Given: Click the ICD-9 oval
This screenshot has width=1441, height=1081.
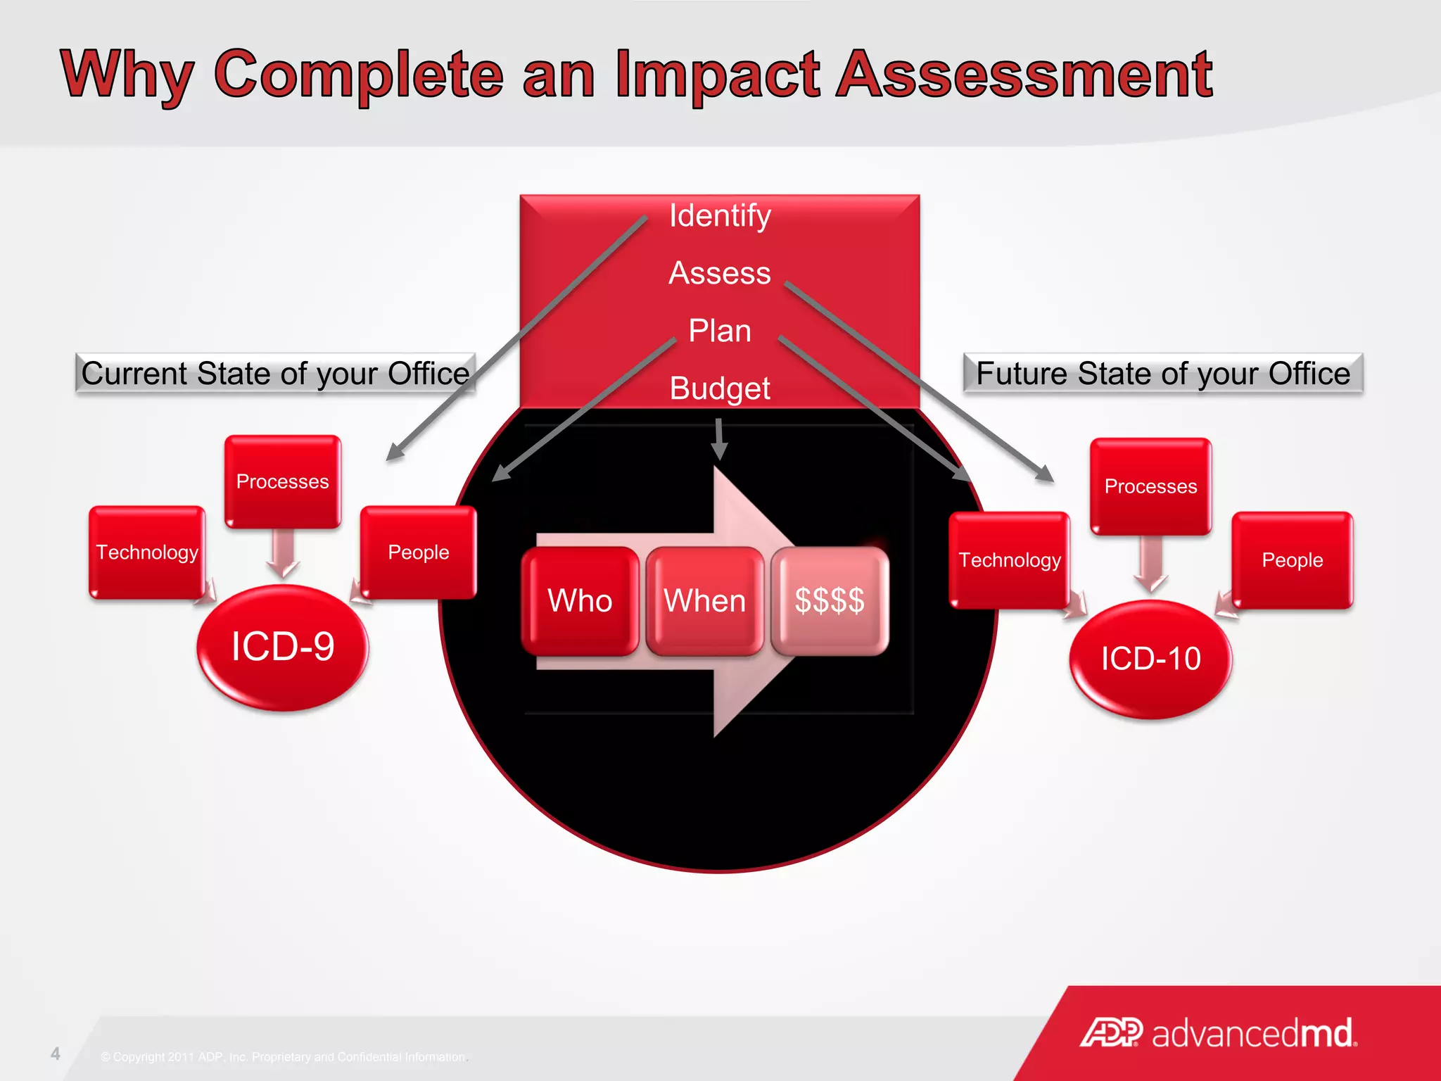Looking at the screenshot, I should click(282, 647).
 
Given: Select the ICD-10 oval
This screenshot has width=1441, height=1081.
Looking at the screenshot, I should click(1150, 659).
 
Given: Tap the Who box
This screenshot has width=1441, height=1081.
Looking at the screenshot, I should click(580, 601).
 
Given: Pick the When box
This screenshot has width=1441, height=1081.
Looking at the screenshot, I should click(705, 601).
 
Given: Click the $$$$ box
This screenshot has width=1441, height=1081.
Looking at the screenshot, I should click(830, 601).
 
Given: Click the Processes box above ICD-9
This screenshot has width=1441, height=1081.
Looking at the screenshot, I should click(282, 481).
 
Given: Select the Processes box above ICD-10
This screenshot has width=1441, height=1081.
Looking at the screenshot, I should click(1150, 486).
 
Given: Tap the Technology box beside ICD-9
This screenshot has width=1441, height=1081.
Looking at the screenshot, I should click(147, 552).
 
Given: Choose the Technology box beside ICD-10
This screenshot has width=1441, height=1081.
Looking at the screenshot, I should click(1009, 560).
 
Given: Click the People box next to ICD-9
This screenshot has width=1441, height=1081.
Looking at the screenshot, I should click(419, 552).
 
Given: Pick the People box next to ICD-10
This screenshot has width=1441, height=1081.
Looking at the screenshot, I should click(1292, 560).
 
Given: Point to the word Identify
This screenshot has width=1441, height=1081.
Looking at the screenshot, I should click(720, 216).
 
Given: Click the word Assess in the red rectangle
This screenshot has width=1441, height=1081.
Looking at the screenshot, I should click(720, 273).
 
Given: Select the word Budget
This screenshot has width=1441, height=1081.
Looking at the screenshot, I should click(720, 388).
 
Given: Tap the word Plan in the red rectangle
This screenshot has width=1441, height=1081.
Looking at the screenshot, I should click(720, 331).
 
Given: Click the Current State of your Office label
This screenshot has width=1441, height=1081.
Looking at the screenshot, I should click(275, 374).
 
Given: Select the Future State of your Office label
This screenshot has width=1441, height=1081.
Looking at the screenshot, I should click(1163, 374).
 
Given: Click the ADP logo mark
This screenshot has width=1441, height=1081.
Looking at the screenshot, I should click(1111, 1033).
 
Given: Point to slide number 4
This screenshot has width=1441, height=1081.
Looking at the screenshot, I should click(56, 1054).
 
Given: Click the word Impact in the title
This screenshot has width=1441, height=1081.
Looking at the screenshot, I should click(717, 75).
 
